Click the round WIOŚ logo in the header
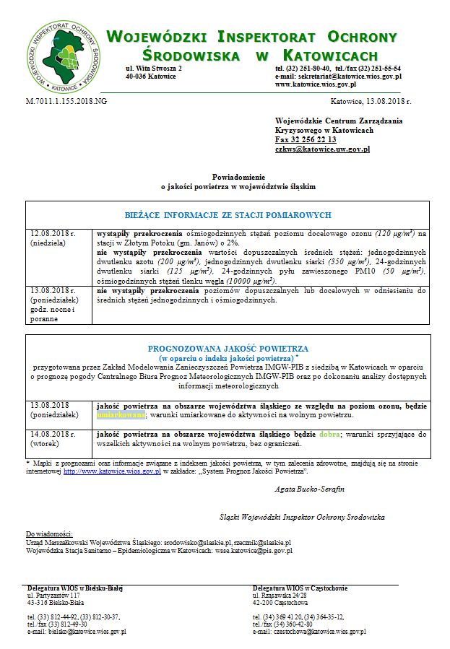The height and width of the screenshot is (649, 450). (60, 55)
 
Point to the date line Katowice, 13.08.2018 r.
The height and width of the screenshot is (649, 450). (371, 102)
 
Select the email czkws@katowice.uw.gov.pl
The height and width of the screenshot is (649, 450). (322, 149)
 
